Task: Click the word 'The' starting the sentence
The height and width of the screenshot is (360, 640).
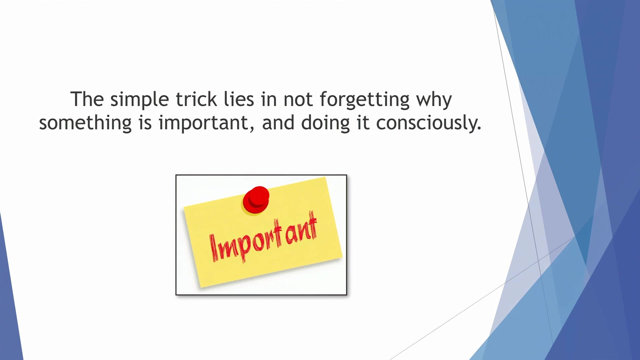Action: tap(87, 99)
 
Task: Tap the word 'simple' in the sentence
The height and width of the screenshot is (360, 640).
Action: tap(139, 100)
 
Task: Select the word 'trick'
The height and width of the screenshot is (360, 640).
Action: tap(196, 99)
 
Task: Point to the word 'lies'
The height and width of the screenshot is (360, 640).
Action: tap(239, 99)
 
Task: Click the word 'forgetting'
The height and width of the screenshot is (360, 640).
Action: tap(364, 100)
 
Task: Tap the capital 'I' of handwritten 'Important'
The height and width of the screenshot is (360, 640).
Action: tap(214, 248)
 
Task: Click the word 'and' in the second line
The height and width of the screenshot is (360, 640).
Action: tap(278, 123)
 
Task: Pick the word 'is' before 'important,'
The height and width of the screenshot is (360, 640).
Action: tap(145, 123)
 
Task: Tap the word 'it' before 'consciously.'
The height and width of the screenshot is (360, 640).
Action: tap(363, 123)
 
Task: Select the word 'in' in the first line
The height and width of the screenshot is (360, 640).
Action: tap(269, 99)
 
